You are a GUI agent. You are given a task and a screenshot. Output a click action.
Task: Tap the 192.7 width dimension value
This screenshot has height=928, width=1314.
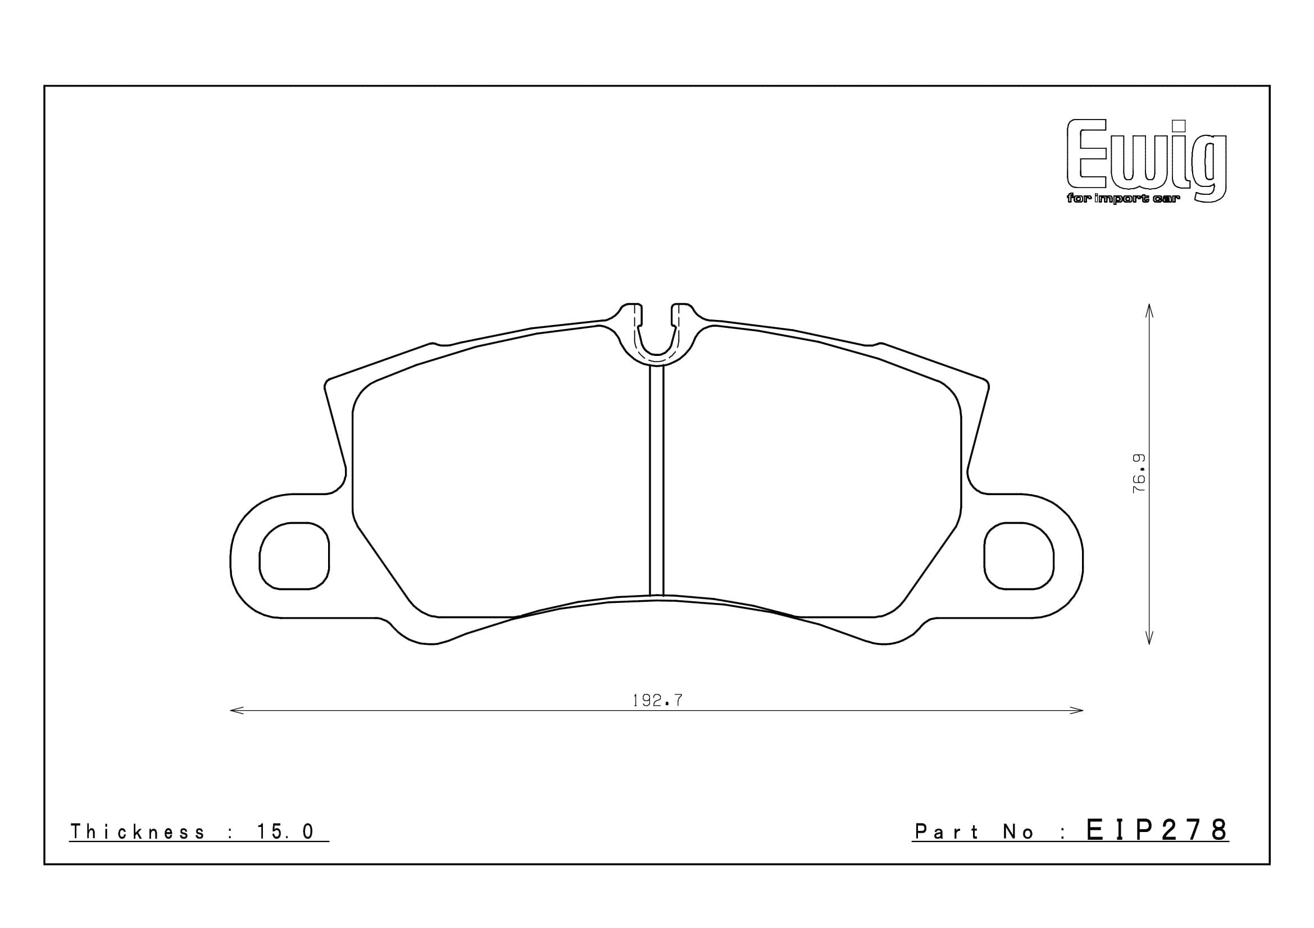657,701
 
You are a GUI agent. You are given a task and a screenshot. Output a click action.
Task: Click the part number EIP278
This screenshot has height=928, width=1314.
1157,830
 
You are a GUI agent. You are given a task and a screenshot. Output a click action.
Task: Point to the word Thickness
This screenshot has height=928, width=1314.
137,832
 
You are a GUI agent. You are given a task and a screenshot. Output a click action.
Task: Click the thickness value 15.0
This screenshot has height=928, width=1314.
285,832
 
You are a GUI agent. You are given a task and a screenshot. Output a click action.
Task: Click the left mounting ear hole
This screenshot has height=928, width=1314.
294,556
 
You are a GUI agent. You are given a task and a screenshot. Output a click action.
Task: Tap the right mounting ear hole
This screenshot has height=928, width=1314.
1019,556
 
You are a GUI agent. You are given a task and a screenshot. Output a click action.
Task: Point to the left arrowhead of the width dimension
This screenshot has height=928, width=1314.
234,711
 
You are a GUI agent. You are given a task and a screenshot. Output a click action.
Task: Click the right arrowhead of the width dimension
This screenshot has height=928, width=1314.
1079,711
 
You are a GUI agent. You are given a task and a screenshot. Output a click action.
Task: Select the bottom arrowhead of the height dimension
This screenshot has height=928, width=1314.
1149,641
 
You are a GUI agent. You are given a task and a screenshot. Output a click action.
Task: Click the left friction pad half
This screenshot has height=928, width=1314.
498,474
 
